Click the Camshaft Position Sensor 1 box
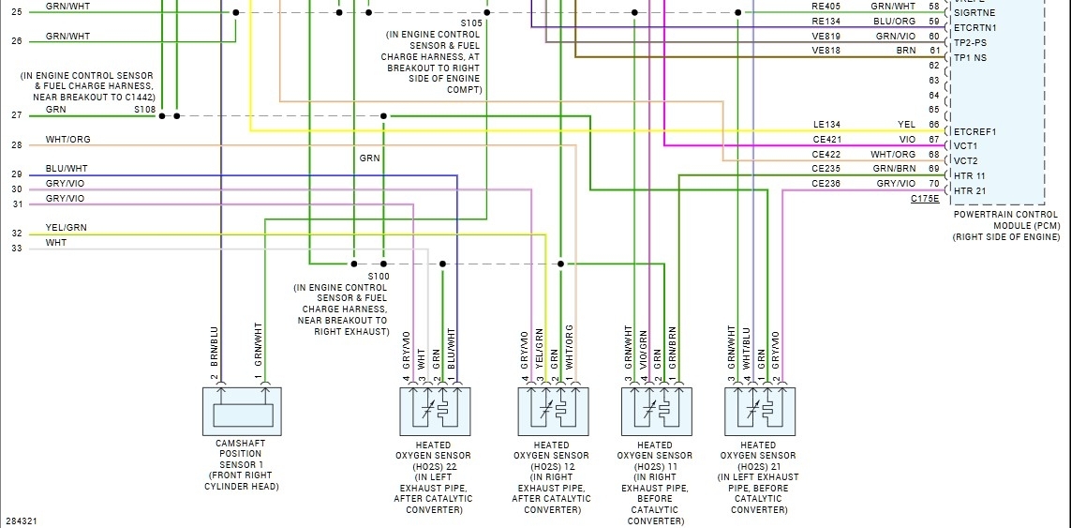click(243, 411)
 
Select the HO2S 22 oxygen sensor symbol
click(435, 411)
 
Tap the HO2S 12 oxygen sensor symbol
click(553, 411)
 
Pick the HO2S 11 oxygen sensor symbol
click(656, 411)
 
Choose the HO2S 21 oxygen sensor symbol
click(759, 411)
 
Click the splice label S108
click(144, 110)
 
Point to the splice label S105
click(471, 23)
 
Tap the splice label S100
click(379, 277)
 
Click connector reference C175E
click(925, 199)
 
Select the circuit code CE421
click(826, 140)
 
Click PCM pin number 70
click(933, 184)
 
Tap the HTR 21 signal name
click(969, 190)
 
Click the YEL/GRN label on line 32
click(66, 228)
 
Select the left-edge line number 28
click(17, 145)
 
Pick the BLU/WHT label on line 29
click(66, 169)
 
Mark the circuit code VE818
click(826, 51)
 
